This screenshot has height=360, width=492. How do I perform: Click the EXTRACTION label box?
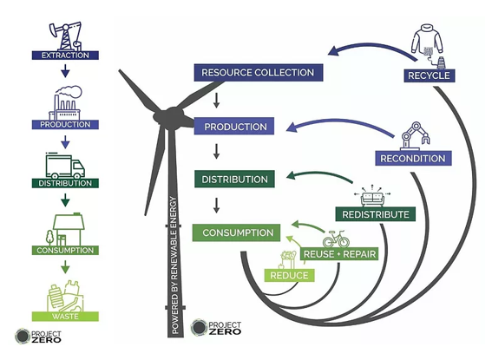65,56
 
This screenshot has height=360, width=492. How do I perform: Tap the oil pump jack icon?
66,36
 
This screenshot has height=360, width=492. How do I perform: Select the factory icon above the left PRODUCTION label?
66,103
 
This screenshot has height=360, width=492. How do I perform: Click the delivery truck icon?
65,166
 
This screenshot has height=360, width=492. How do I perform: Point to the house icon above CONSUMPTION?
66,230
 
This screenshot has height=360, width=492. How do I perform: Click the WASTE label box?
65,316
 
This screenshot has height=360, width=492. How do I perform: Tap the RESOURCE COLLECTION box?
259,73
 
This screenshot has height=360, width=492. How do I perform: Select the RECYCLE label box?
430,75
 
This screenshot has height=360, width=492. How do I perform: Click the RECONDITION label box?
413,159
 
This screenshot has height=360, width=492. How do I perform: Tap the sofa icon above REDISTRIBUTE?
372,197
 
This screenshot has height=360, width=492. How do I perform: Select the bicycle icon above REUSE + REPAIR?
336,239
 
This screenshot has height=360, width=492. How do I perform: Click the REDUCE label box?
289,275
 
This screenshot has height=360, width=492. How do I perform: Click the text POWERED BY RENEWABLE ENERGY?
174,265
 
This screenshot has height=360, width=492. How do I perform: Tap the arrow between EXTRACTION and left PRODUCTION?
65,71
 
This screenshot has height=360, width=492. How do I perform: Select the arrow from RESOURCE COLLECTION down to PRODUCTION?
216,100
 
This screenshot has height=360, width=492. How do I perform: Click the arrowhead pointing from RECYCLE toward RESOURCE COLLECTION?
333,50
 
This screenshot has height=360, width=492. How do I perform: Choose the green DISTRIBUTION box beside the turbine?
234,179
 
